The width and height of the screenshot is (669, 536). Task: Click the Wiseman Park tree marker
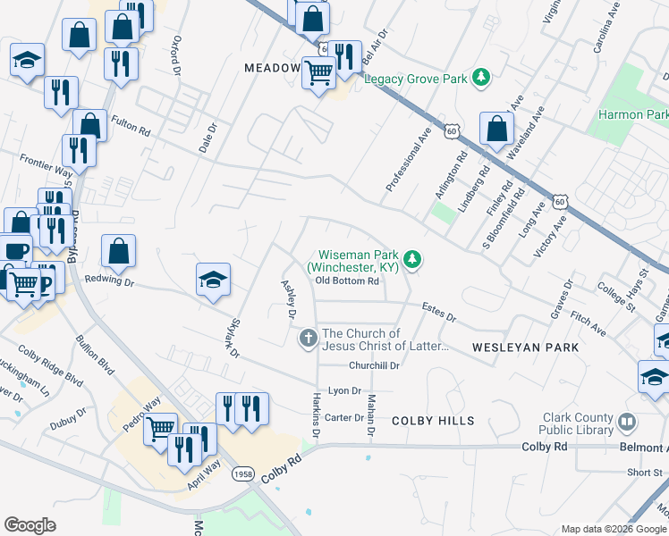tap(412, 259)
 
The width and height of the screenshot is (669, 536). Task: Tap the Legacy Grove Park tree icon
tap(482, 78)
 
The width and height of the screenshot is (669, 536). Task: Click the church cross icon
tap(308, 339)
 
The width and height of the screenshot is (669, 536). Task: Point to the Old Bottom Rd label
tap(348, 281)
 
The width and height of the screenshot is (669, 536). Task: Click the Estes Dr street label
tap(438, 317)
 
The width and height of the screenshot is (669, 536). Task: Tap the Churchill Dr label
tap(373, 365)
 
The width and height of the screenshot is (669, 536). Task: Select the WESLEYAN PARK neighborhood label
tap(525, 346)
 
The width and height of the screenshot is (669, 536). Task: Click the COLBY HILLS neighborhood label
tap(431, 420)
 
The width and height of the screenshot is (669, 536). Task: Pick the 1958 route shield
tap(241, 473)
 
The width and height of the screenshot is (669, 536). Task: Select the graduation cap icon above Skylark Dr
tap(213, 280)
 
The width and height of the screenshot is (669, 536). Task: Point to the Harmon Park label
tap(633, 115)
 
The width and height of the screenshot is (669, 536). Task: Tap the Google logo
tap(30, 525)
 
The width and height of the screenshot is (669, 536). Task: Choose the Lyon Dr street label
tap(344, 391)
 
